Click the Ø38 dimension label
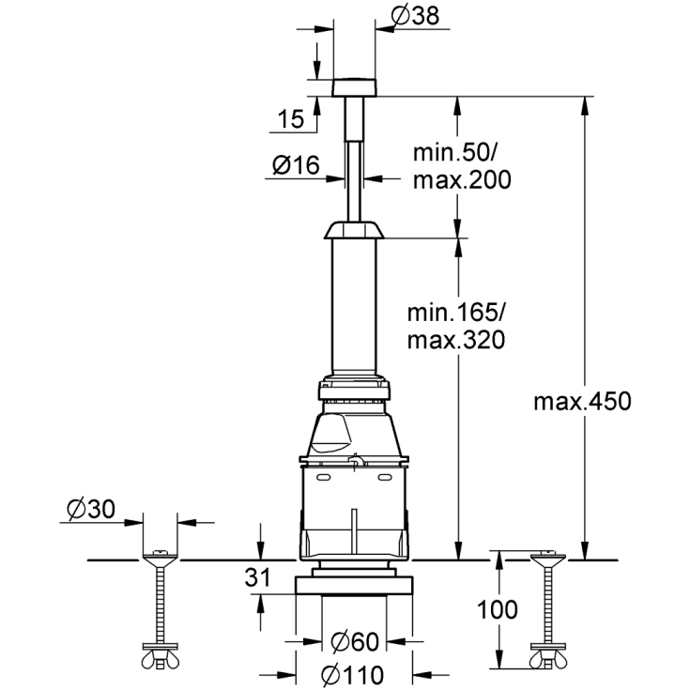pos(411,16)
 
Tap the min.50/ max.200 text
pos(462,166)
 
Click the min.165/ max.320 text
pos(457,325)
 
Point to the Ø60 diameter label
pos(354,644)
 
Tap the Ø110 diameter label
pos(354,673)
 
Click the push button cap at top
pos(355,87)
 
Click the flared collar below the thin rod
pos(354,231)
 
